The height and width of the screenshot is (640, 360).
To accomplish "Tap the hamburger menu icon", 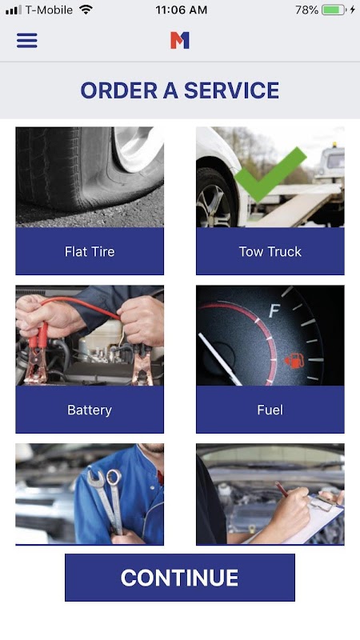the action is pyautogui.click(x=27, y=41).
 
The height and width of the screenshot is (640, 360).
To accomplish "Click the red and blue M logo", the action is pyautogui.click(x=179, y=41).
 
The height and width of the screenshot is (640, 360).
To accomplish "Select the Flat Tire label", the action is pyautogui.click(x=90, y=251).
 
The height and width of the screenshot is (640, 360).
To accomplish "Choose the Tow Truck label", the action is pyautogui.click(x=270, y=251).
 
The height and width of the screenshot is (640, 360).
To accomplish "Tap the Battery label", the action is pyautogui.click(x=90, y=410).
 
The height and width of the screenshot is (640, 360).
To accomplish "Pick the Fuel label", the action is pyautogui.click(x=270, y=410).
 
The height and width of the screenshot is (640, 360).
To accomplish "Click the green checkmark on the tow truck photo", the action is pyautogui.click(x=270, y=174).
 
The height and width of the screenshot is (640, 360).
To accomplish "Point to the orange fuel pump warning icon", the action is pyautogui.click(x=294, y=361).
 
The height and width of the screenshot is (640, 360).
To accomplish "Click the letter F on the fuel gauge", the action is pyautogui.click(x=274, y=311).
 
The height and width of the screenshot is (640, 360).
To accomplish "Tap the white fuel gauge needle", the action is pyautogui.click(x=219, y=359).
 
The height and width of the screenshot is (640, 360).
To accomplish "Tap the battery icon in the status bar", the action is pyautogui.click(x=334, y=10).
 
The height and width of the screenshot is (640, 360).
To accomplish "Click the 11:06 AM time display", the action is pyautogui.click(x=182, y=10).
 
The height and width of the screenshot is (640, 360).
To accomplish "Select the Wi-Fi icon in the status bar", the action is pyautogui.click(x=86, y=10).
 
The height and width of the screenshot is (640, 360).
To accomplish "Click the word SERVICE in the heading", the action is pyautogui.click(x=231, y=90).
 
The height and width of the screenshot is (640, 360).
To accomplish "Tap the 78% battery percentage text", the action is pyautogui.click(x=306, y=10).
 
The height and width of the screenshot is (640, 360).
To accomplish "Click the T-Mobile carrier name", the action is pyautogui.click(x=49, y=10).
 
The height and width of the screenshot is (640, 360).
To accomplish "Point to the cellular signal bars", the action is pyautogui.click(x=14, y=10).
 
